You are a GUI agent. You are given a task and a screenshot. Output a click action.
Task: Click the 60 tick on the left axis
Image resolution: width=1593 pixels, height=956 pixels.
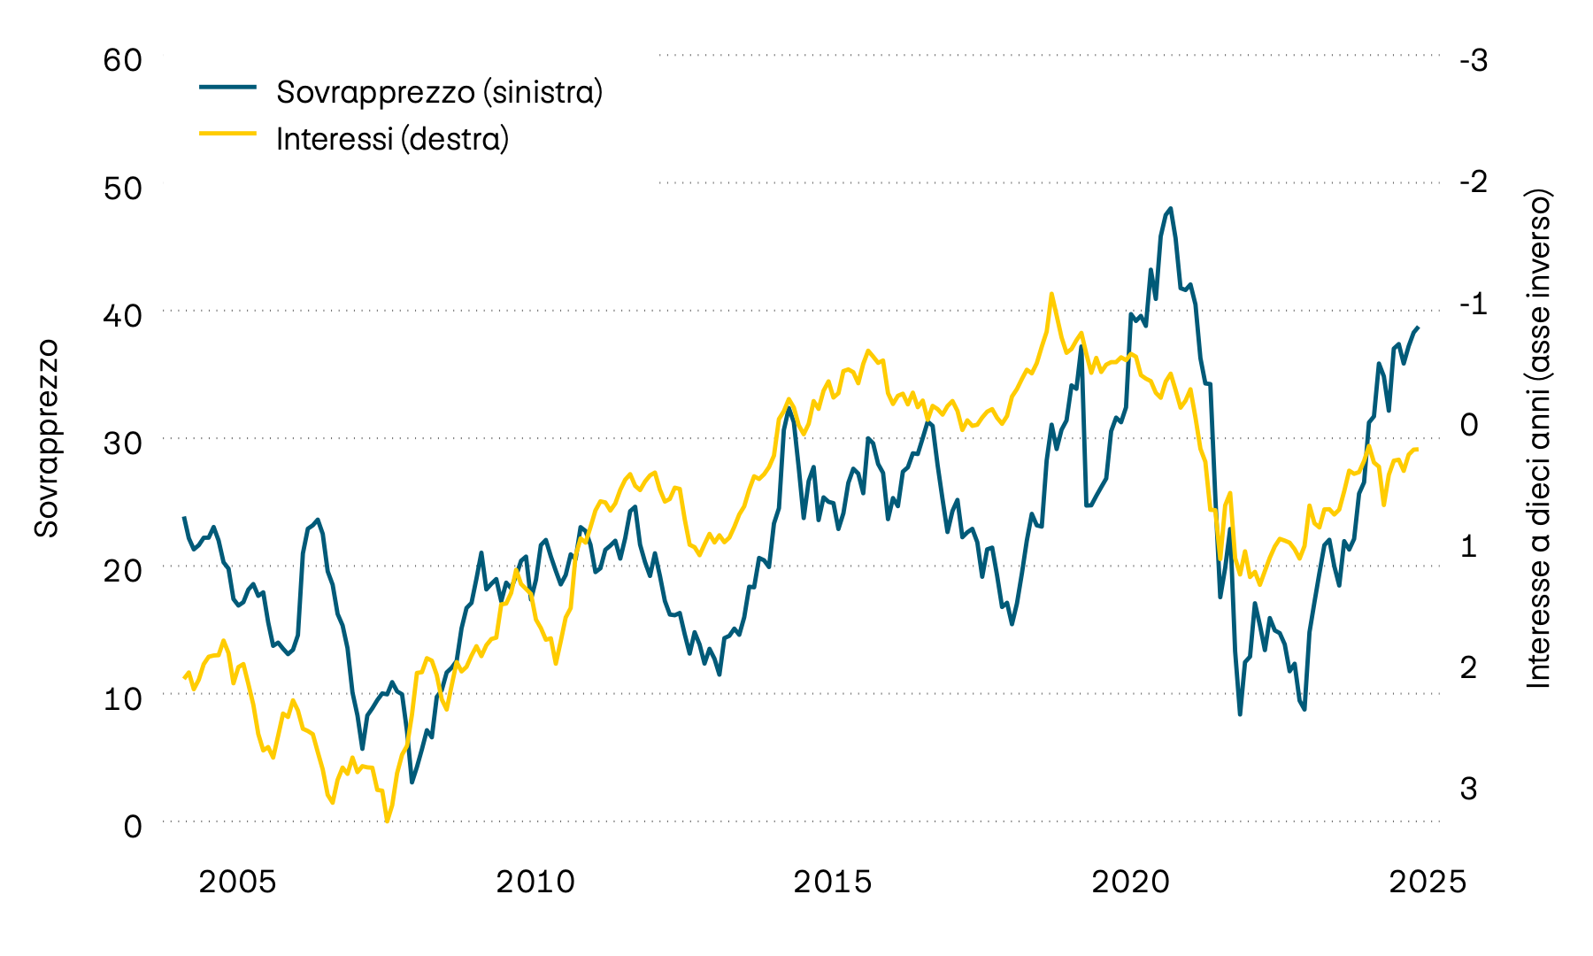coord(122,60)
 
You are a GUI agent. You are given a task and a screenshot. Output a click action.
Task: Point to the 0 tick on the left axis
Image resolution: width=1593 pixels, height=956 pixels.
coord(133,826)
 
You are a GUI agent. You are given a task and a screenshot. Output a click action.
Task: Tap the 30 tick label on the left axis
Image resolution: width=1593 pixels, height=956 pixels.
coord(122,443)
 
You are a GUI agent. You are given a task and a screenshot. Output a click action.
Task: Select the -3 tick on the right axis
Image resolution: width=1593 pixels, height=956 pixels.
coord(1474,60)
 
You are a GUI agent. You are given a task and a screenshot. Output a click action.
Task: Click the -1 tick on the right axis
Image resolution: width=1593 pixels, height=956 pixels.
coord(1474,303)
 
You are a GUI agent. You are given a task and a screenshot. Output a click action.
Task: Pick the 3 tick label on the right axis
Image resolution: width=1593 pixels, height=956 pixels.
coord(1468,788)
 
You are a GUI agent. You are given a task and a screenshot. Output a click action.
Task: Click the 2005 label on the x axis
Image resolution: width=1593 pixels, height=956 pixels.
coord(237,882)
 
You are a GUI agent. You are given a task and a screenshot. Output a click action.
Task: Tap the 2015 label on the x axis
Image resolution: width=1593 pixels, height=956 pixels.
coord(833,882)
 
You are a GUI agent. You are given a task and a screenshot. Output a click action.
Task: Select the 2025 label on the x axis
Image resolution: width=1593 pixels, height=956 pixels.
coord(1428,882)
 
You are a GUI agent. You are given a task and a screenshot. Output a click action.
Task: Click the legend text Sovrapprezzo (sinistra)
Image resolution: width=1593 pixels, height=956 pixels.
coord(439,92)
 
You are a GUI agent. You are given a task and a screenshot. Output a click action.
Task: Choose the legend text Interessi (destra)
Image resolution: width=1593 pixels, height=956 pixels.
coord(392,139)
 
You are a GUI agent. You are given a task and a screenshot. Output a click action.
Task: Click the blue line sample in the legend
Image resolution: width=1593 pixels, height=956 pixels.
coord(227,87)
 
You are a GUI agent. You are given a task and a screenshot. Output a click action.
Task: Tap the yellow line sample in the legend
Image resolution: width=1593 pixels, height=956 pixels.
coord(227,134)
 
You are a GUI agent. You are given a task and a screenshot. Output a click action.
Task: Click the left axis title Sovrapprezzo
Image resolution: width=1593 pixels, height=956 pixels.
coord(46,437)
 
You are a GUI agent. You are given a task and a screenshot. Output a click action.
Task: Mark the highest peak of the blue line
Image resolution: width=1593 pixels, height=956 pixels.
coord(1170,209)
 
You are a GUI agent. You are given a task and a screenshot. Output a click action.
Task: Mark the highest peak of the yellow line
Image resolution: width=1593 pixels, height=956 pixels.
coord(1050,293)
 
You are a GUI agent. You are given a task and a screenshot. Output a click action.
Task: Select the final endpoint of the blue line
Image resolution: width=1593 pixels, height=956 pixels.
coord(1418,328)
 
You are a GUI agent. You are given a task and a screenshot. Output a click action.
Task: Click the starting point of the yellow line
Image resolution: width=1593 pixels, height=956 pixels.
coord(184,678)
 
